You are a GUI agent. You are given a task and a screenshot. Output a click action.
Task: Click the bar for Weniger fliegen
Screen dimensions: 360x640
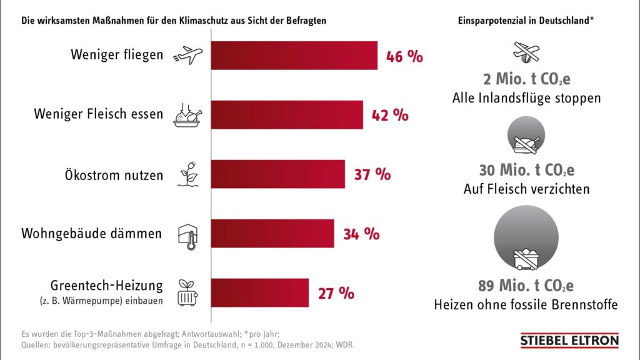click(x=294, y=56)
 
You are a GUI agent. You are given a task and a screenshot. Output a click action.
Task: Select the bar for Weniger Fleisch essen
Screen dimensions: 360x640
click(x=287, y=115)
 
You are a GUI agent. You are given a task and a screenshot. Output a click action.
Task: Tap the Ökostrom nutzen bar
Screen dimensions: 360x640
click(x=277, y=174)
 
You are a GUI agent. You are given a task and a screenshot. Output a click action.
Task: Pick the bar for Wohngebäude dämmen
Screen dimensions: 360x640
click(x=272, y=234)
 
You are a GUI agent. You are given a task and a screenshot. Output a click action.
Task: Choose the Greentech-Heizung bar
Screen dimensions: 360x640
click(x=259, y=292)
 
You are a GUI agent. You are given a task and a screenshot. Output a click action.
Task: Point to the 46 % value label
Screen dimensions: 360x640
click(x=404, y=56)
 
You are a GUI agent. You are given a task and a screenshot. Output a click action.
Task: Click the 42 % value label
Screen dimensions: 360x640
click(x=390, y=116)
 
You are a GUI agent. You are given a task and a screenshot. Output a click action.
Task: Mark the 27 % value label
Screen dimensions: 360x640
click(x=336, y=293)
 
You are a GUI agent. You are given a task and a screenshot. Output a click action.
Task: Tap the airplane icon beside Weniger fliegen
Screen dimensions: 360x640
click(x=187, y=55)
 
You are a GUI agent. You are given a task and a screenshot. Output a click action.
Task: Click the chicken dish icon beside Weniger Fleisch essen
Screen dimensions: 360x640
click(x=187, y=116)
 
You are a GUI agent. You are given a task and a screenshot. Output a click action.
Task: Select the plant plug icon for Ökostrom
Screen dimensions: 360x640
click(x=189, y=174)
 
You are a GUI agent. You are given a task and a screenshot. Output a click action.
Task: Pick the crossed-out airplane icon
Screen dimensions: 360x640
click(x=526, y=52)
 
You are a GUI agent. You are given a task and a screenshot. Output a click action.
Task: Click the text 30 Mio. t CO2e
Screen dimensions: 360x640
click(x=526, y=170)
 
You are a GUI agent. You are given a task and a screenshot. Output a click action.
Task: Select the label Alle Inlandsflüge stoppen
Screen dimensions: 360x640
click(x=526, y=98)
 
